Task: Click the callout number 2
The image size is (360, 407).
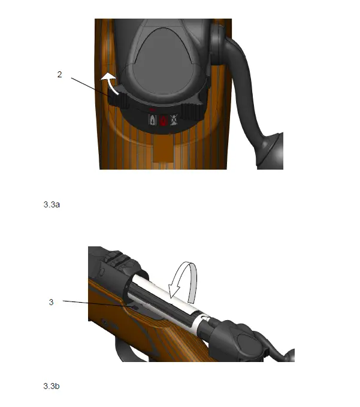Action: coord(60,75)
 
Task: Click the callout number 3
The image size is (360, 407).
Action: coord(51,302)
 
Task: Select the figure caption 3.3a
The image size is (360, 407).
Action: coord(52,204)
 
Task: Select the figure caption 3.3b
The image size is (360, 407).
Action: coord(52,386)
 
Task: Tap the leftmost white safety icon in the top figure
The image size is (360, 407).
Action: coord(153,120)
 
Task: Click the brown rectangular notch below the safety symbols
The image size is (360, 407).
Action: coord(162,150)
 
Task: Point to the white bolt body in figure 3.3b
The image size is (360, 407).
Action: coord(174,300)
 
